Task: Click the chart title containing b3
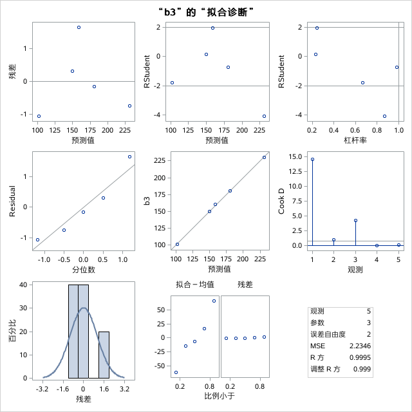click(x=206, y=12)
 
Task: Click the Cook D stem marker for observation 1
click(x=312, y=159)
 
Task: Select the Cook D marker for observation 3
click(x=355, y=220)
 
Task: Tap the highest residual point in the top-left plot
click(x=79, y=28)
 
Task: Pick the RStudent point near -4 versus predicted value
click(x=265, y=116)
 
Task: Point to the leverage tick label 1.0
click(x=399, y=131)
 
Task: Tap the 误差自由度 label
click(x=328, y=334)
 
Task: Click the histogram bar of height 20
click(x=104, y=355)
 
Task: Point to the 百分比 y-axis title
click(x=12, y=331)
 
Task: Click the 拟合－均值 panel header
click(x=195, y=284)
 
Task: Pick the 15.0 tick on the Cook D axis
click(x=295, y=157)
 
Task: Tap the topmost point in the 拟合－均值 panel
click(x=214, y=301)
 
